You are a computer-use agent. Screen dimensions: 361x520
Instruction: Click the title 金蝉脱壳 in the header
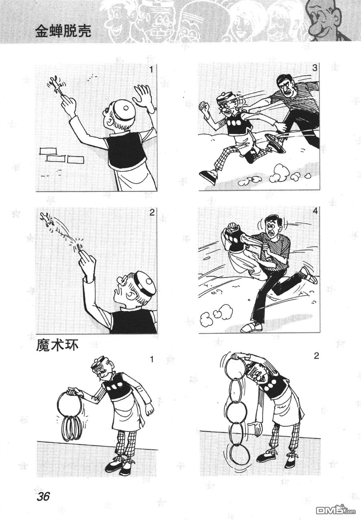(63, 31)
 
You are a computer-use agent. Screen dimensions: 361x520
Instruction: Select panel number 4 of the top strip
(314, 212)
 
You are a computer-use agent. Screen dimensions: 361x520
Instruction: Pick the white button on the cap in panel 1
(126, 108)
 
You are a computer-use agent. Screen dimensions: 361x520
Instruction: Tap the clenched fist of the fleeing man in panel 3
(203, 106)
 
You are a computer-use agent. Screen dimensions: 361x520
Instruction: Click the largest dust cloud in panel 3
(280, 171)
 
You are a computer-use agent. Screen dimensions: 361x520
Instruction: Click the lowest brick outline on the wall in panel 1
(75, 159)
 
